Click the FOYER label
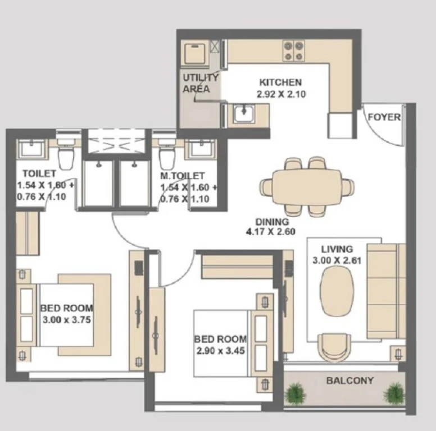(384, 117)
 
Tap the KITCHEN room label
(280, 82)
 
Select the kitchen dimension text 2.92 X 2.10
(281, 94)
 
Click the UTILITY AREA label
(200, 83)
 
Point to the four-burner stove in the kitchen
(293, 51)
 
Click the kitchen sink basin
(244, 113)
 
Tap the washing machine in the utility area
(195, 53)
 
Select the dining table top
(307, 187)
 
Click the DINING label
(272, 222)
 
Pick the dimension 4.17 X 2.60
(271, 232)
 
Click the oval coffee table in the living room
(337, 291)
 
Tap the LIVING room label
(337, 249)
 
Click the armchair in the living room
(334, 347)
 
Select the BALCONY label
(350, 380)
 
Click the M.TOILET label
(183, 176)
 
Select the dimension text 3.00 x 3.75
(67, 320)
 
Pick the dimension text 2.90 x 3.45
(220, 351)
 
